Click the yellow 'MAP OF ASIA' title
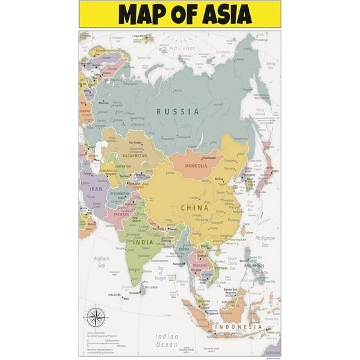point(180,14)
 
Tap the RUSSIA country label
point(178,111)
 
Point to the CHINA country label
point(195,207)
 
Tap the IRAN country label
point(95,188)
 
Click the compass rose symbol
point(95,315)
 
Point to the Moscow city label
point(102,102)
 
